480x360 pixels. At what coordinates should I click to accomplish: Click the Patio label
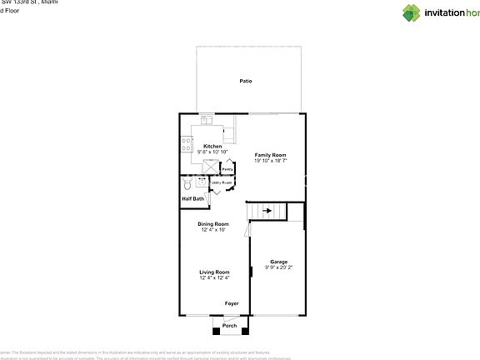(246, 81)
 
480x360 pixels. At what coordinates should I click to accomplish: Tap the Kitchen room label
(212, 146)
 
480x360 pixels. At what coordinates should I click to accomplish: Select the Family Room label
(271, 155)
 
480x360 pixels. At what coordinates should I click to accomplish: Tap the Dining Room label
(213, 223)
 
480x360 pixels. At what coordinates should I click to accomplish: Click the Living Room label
(214, 272)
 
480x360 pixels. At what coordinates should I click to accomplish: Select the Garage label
(278, 262)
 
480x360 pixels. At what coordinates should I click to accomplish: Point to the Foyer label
(232, 303)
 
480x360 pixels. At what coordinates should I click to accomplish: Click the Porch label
(228, 326)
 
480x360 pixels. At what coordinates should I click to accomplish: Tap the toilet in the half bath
(187, 181)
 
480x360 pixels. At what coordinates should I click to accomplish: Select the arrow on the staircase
(267, 212)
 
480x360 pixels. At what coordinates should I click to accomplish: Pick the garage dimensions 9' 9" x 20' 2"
(279, 267)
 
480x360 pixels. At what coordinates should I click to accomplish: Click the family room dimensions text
(271, 161)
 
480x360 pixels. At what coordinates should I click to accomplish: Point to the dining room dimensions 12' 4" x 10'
(213, 229)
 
